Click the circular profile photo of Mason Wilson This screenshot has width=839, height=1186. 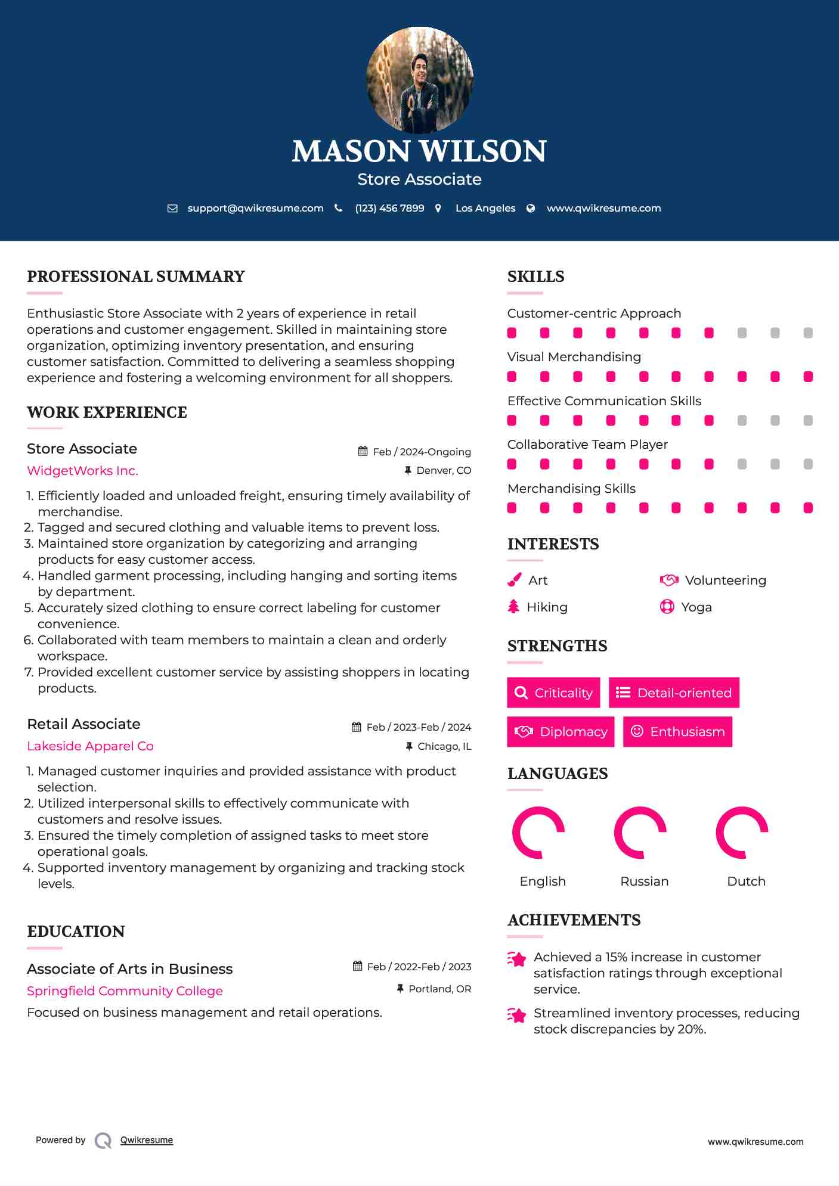[419, 80]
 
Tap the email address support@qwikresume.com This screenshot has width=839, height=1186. [255, 208]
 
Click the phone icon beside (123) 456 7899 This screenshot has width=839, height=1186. [338, 208]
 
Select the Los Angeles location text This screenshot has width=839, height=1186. [485, 208]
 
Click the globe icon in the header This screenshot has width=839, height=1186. [530, 208]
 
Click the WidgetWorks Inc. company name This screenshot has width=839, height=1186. [82, 471]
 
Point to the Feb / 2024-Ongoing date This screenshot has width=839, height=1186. [422, 452]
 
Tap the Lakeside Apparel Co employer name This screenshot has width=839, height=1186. [90, 746]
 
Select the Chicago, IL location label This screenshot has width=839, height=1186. [444, 746]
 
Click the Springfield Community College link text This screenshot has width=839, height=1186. [125, 991]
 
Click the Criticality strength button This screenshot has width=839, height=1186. [553, 693]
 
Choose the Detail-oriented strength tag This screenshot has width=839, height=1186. [674, 693]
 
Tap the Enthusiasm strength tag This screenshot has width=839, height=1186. [677, 731]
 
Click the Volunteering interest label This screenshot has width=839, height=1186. [725, 580]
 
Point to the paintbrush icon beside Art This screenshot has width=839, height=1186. [514, 580]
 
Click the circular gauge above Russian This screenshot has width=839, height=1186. [640, 833]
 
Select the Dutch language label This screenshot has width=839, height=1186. [746, 881]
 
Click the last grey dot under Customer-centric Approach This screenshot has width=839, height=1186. [808, 333]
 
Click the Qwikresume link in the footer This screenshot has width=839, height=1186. [147, 1140]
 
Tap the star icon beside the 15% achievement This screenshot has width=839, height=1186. [516, 959]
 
